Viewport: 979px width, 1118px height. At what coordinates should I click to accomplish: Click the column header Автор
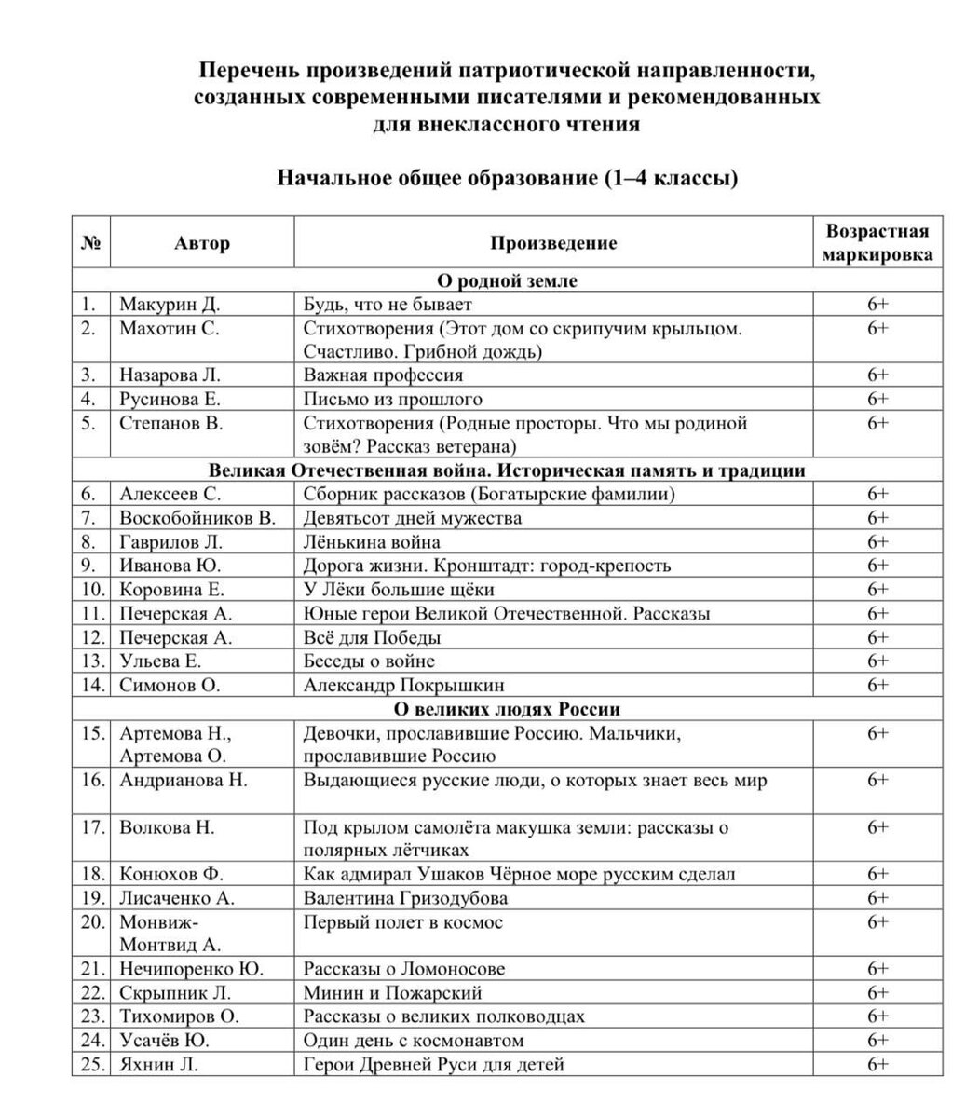point(201,243)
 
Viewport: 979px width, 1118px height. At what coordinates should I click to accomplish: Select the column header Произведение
point(553,243)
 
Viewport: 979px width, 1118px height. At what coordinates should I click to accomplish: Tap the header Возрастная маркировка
point(877,243)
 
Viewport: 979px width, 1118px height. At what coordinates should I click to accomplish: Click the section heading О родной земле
point(508,280)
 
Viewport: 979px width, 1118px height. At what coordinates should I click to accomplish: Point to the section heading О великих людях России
point(508,709)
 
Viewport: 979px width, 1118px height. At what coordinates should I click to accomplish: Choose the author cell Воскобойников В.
point(197,518)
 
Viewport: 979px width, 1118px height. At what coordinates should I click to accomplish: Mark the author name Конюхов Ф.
point(172,874)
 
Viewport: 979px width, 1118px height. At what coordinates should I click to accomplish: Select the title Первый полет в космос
point(403,922)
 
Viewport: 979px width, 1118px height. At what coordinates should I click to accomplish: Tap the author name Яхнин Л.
point(159,1064)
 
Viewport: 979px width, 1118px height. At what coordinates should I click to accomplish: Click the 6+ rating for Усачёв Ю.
point(877,1041)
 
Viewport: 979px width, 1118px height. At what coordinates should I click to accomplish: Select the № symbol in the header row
point(91,243)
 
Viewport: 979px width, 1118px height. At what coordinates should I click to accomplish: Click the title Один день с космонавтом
point(415,1041)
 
